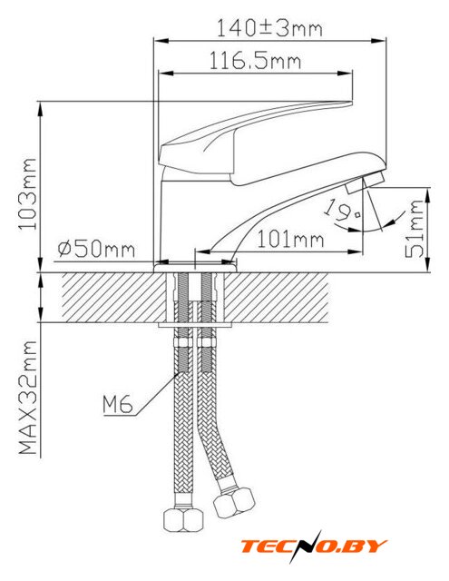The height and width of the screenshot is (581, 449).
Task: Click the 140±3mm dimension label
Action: point(269,28)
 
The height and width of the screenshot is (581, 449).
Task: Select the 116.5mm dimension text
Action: point(256,60)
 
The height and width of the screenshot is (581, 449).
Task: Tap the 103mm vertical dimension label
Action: point(28,193)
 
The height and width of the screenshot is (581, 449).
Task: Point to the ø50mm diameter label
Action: point(96,249)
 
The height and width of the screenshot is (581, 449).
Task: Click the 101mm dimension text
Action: point(290,239)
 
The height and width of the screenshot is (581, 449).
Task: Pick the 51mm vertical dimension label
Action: point(415,229)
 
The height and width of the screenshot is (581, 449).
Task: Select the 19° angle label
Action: point(342,210)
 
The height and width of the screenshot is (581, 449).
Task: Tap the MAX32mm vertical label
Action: point(28,398)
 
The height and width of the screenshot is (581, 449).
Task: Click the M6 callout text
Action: point(118,404)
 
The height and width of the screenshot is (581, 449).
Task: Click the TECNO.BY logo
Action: point(314,547)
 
